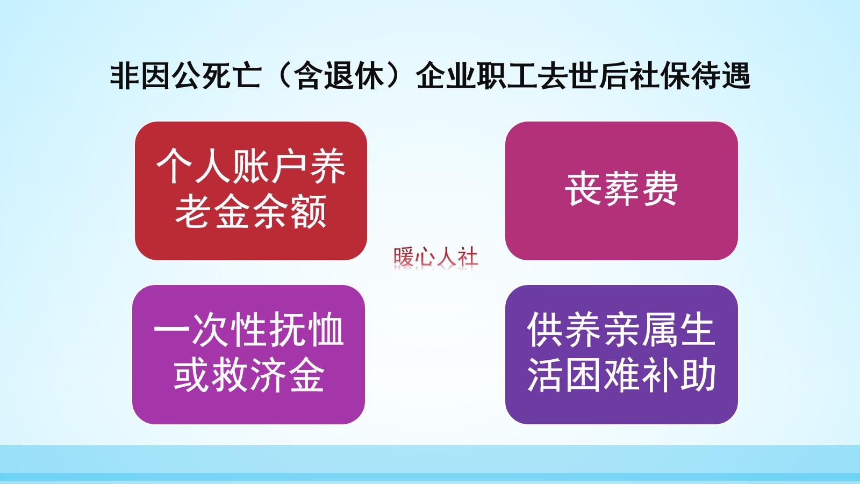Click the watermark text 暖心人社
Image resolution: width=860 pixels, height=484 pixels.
435,257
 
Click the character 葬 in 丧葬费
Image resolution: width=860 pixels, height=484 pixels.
621,189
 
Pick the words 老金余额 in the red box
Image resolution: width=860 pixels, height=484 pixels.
250,212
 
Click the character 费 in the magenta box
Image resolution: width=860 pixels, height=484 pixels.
660,189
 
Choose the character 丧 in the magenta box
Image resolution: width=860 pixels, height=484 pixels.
583,189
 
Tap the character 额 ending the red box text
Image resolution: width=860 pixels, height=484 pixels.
309,212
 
